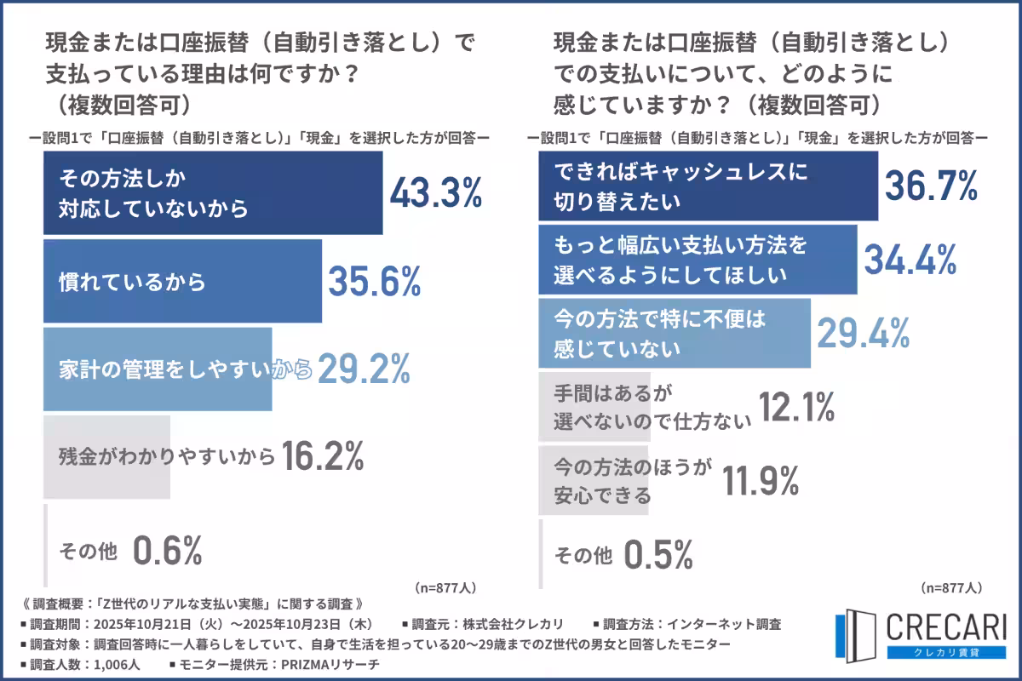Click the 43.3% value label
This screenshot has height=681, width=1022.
pos(436,195)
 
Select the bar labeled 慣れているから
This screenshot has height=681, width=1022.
pos(182,282)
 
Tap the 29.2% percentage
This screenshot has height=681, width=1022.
pos(364,369)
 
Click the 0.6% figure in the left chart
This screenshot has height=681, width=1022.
pos(167,551)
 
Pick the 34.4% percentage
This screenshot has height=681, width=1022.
pos(910,259)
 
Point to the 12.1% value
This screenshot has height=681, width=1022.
pos(795,407)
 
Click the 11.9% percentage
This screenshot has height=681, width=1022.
pos(761,482)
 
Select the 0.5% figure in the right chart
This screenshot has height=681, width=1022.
pos(657,555)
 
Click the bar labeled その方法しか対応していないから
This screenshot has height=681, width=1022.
pos(213,193)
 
